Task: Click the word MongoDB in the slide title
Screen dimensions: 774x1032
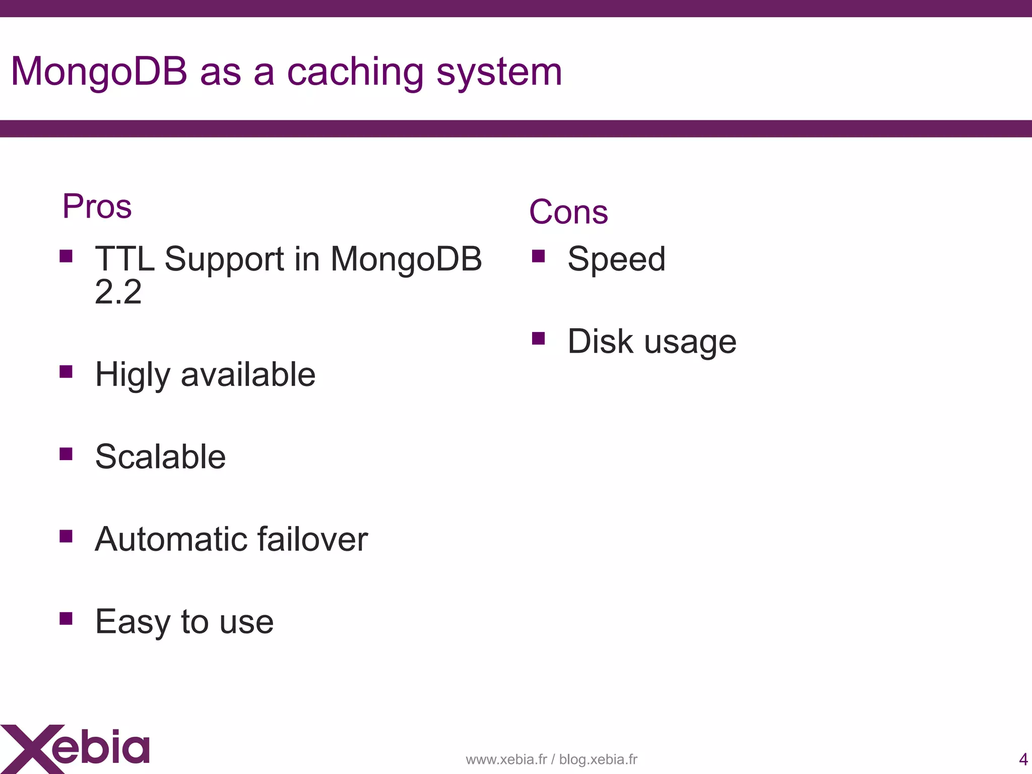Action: coord(99,72)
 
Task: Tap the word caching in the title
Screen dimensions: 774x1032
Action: coord(355,72)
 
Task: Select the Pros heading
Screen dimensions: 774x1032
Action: coord(97,206)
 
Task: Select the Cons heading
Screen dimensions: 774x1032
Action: coord(568,212)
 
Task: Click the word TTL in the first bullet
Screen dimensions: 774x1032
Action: coord(124,259)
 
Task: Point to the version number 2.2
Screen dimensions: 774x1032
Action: coord(118,292)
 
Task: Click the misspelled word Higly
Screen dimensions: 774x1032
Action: coord(133,375)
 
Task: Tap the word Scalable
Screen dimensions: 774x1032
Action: coord(160,457)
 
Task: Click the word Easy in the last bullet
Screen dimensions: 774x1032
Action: coord(132,622)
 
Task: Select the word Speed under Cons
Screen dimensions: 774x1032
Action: coord(616,259)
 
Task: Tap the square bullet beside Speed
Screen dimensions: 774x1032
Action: coord(538,256)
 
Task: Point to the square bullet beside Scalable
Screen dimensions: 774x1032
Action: coord(66,454)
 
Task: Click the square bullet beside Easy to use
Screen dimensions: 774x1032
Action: coord(66,618)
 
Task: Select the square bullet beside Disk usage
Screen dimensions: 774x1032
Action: coord(538,338)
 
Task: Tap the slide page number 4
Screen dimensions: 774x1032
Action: coord(1023,759)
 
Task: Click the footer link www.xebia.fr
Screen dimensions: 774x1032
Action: coord(506,759)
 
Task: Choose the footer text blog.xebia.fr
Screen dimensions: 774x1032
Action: coord(598,759)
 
